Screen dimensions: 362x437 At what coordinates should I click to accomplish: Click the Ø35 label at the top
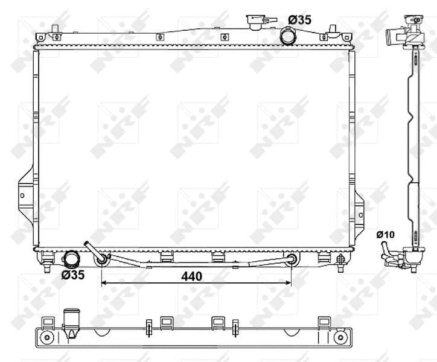pyautogui.click(x=300, y=20)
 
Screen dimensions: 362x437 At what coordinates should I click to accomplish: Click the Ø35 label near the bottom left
pyautogui.click(x=72, y=276)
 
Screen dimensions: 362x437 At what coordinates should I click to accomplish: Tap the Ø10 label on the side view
pyautogui.click(x=385, y=234)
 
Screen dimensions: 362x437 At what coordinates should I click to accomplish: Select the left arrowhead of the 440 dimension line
pyautogui.click(x=104, y=282)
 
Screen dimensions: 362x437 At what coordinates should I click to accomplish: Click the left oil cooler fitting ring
pyautogui.click(x=102, y=259)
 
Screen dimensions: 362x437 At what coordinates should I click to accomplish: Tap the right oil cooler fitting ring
pyautogui.click(x=292, y=260)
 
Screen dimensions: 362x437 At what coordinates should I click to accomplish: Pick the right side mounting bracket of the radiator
pyautogui.click(x=360, y=208)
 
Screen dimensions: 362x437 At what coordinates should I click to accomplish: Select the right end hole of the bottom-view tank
pyautogui.click(x=342, y=335)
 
